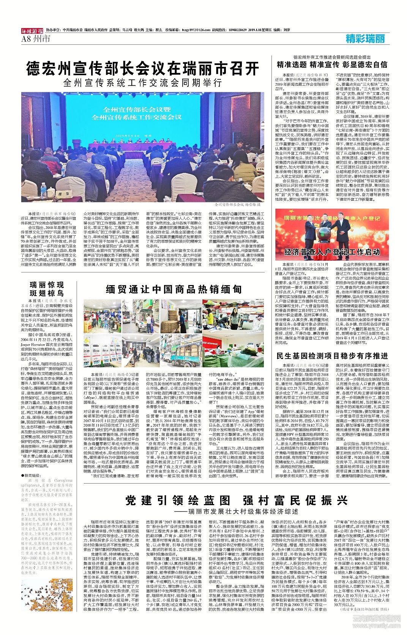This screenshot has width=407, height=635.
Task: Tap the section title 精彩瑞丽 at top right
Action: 365,38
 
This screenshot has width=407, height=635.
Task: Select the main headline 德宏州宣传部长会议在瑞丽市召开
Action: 142,68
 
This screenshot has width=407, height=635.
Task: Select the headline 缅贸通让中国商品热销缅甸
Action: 174,289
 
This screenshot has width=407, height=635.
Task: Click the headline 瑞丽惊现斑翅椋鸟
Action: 47,289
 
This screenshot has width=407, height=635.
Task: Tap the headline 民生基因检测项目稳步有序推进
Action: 332,356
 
